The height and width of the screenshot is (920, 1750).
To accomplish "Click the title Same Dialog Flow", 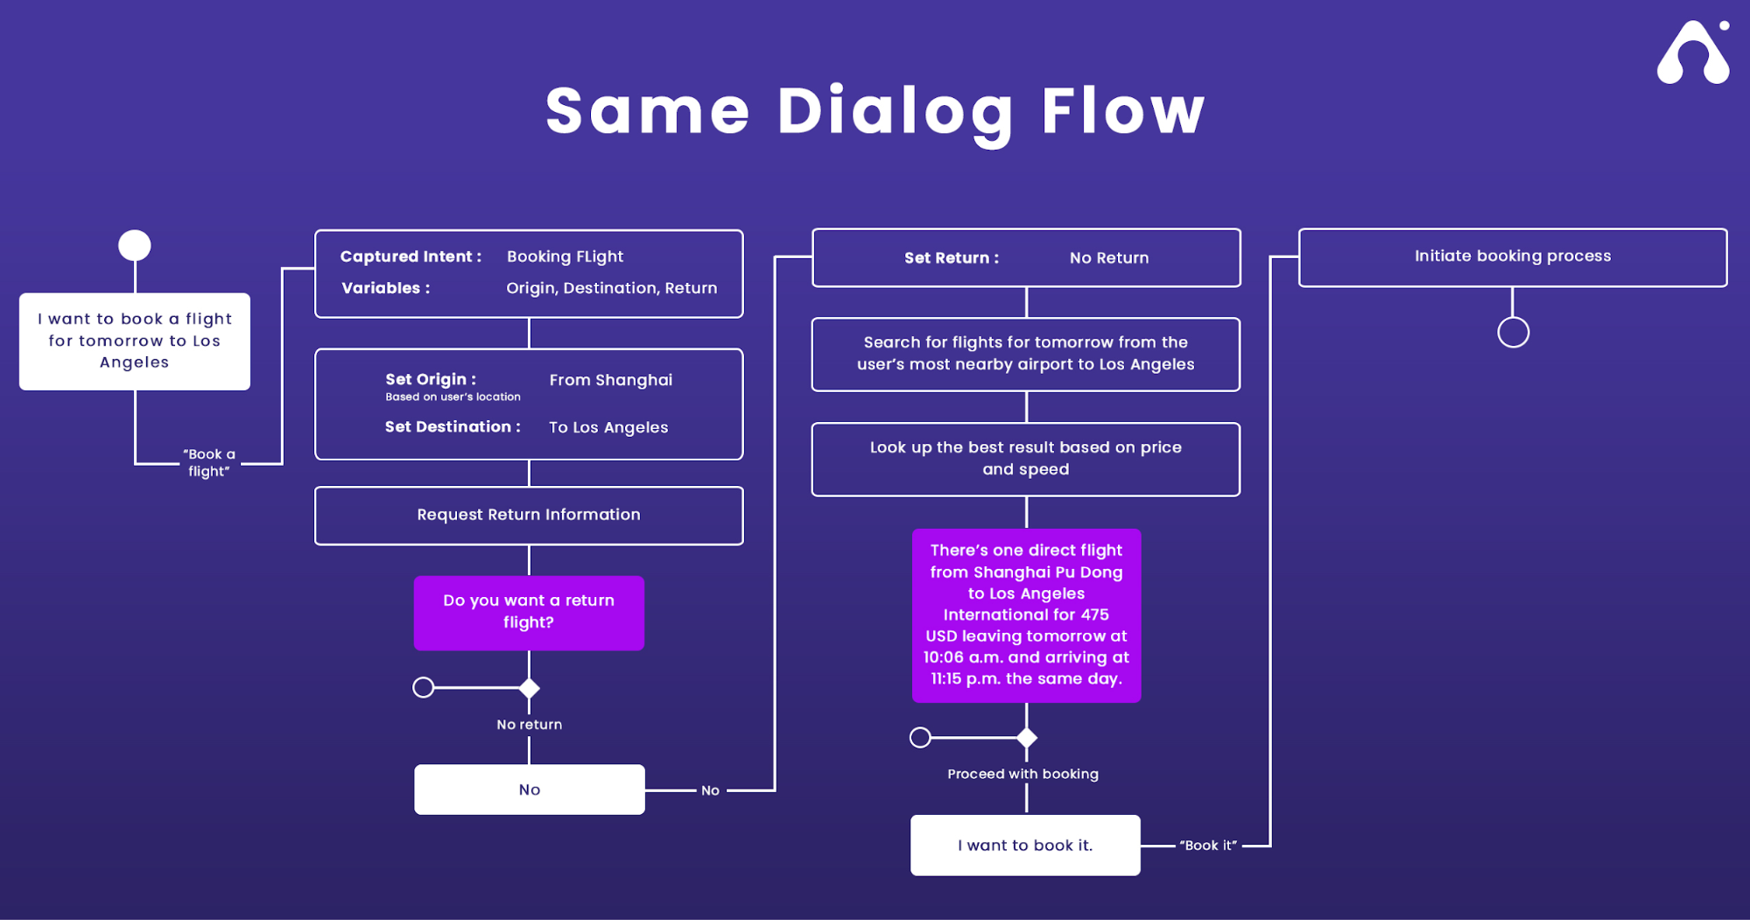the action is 875,112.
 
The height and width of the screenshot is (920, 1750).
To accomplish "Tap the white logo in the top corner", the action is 1693,53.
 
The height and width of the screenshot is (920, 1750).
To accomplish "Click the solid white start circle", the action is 135,245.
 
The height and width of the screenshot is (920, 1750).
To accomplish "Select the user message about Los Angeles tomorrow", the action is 135,341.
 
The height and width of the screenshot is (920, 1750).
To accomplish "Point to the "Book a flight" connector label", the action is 209,462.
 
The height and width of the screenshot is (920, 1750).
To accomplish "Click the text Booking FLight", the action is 565,256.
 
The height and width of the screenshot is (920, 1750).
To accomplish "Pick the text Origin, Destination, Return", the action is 612,288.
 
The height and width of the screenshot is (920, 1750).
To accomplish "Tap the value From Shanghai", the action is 611,380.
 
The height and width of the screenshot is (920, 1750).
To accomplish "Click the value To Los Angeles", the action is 608,427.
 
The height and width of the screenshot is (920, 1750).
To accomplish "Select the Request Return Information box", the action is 529,516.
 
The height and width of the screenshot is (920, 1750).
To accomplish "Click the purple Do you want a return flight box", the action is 529,613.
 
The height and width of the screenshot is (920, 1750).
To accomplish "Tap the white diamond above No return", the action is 529,688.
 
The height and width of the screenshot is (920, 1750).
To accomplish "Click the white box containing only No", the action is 530,790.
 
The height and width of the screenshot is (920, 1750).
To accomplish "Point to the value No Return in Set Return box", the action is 1109,258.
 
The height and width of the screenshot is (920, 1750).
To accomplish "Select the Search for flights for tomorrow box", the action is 1026,355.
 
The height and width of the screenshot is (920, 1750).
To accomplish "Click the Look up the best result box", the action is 1026,460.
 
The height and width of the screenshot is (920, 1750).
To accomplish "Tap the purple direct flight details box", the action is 1026,615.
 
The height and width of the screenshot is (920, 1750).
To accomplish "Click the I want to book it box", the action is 1025,846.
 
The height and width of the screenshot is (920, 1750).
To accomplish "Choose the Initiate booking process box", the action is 1513,257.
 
